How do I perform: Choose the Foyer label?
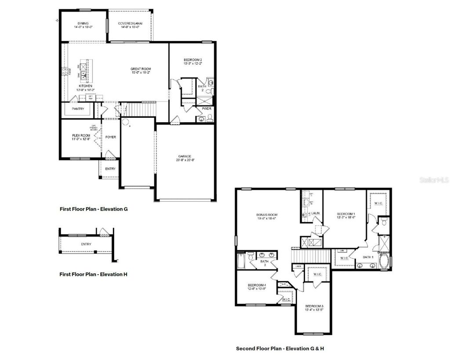point(111,137)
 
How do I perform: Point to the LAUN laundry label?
point(315,213)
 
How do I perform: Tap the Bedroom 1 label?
point(345,215)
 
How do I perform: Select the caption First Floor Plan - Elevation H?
point(93,274)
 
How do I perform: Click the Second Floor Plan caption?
point(280,349)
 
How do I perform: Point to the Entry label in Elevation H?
point(86,244)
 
